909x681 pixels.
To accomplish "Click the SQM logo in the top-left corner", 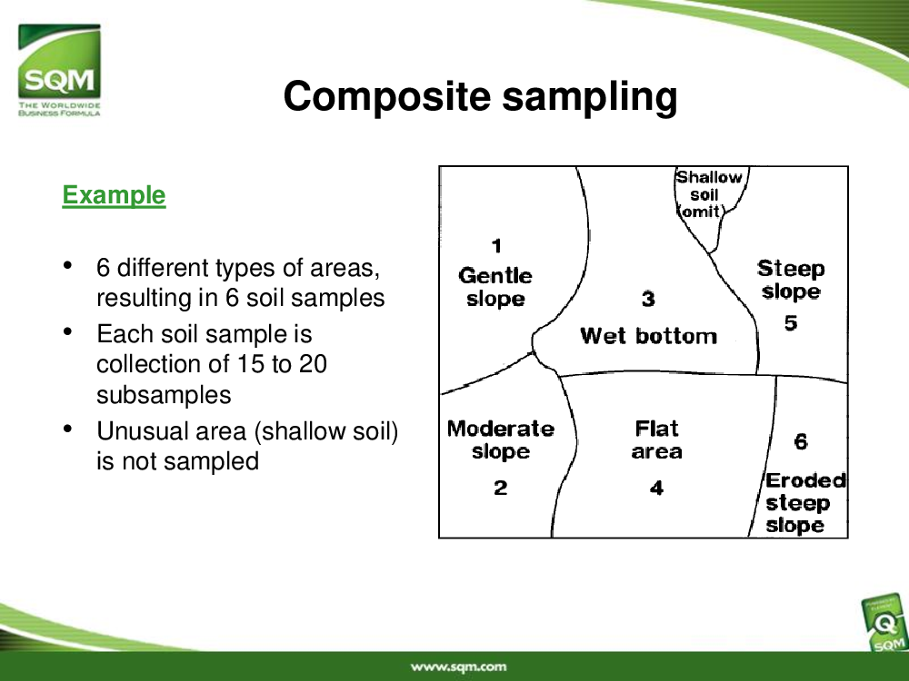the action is tap(59, 70).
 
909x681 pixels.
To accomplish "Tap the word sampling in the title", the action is tap(590, 97).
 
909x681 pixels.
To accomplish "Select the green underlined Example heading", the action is tap(114, 195).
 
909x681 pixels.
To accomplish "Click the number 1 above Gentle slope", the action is tap(496, 246).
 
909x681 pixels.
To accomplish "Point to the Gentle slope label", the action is tap(495, 287).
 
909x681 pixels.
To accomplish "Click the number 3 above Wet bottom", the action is tap(648, 299).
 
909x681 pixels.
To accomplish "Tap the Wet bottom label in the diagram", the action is tap(648, 336).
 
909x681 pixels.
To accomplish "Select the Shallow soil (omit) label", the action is tap(706, 194).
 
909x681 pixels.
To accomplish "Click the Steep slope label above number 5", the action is tap(791, 280).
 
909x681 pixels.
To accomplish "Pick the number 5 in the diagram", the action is tap(791, 322).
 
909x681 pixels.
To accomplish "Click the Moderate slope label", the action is tap(501, 439).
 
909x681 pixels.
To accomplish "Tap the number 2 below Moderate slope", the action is tap(500, 488).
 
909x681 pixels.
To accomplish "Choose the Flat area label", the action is tap(656, 439).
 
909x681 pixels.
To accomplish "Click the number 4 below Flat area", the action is tap(656, 488).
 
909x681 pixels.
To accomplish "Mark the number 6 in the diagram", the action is tap(801, 442).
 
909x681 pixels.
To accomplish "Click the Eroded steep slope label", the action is tap(805, 503).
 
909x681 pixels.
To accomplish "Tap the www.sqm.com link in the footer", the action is tap(458, 667).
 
